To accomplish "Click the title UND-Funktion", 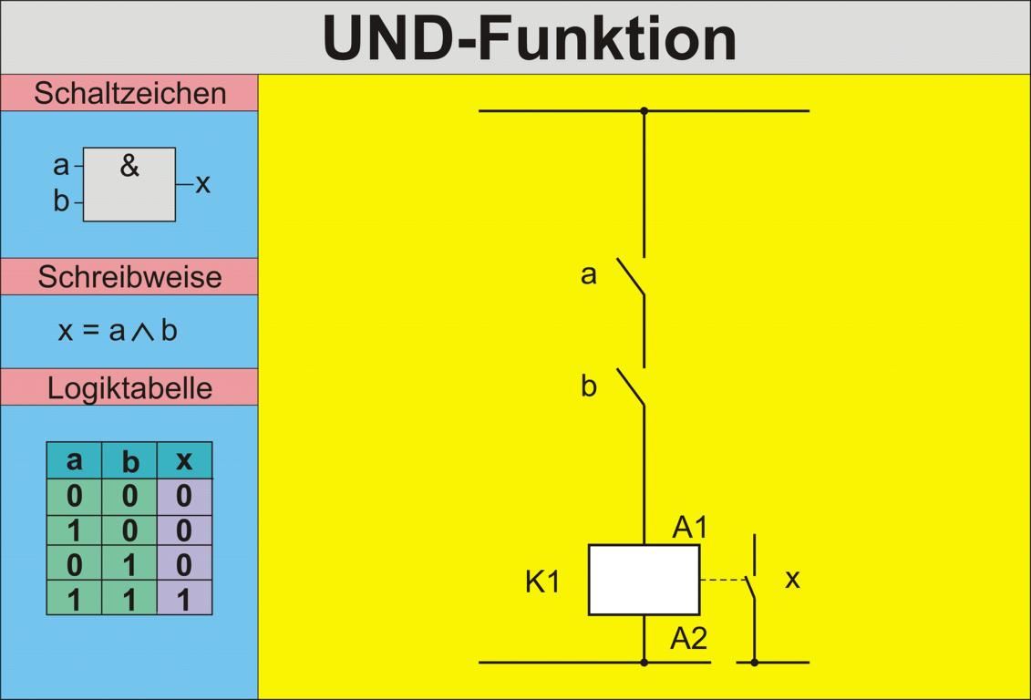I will (529, 38).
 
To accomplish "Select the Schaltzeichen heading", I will (129, 93).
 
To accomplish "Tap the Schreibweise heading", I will (129, 277).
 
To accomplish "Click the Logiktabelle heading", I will (129, 388).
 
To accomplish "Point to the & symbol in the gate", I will (129, 166).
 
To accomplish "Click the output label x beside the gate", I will (202, 184).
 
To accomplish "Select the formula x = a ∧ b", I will (118, 331).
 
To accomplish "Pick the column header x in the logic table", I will (184, 460).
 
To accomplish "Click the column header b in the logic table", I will (129, 461).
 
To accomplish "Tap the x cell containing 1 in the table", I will (184, 599).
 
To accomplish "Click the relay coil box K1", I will (644, 580).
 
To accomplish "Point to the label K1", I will (542, 582).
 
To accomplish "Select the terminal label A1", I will (690, 528).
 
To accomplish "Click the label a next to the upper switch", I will (589, 274).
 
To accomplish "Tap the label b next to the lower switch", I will (589, 386).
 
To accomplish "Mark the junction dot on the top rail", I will (644, 111).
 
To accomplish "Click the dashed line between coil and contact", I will (722, 580).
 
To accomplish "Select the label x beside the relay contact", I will (792, 579).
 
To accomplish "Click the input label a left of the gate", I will (61, 166).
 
